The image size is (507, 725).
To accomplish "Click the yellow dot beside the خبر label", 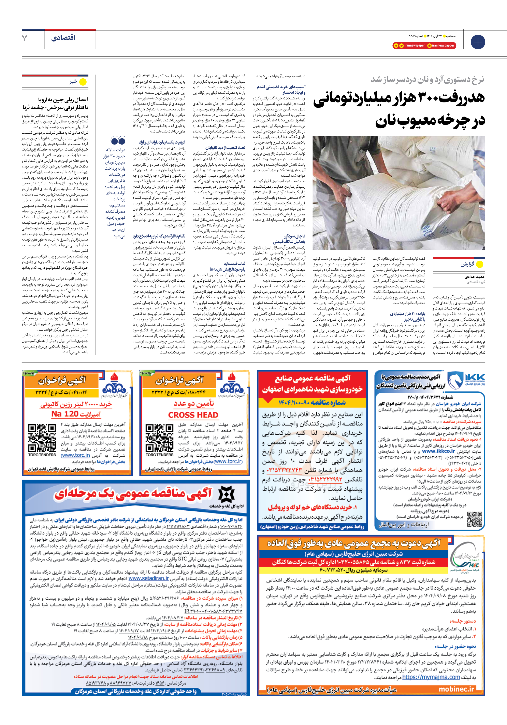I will (x=83, y=82).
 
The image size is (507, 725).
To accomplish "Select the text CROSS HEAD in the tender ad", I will (x=193, y=415).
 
